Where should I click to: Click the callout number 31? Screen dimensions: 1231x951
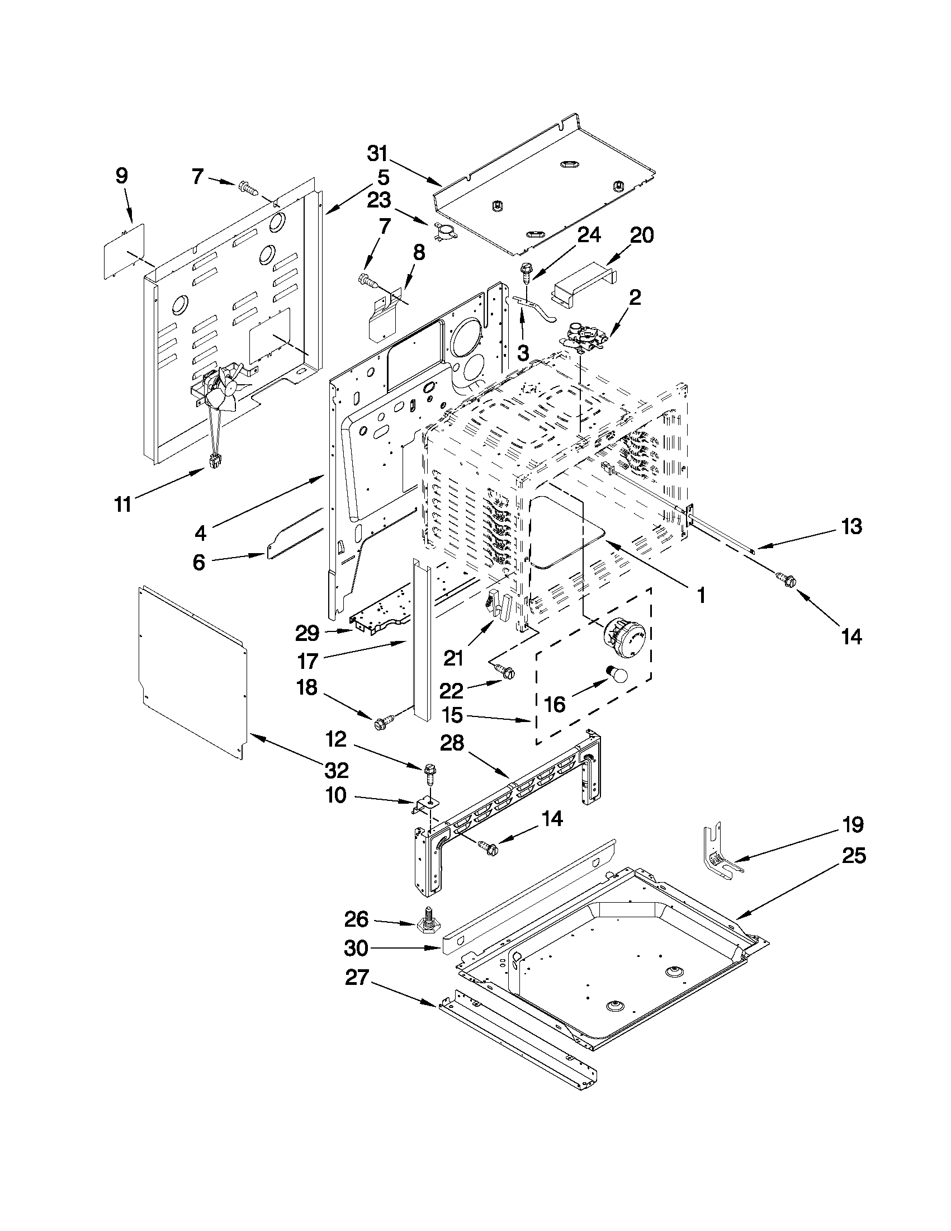click(378, 153)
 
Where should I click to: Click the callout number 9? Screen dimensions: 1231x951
click(122, 176)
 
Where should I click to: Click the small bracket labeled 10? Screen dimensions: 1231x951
click(422, 805)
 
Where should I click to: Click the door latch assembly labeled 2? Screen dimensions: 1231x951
click(584, 336)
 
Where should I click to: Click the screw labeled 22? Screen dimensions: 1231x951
click(503, 669)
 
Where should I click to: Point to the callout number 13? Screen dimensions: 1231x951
click(851, 526)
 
